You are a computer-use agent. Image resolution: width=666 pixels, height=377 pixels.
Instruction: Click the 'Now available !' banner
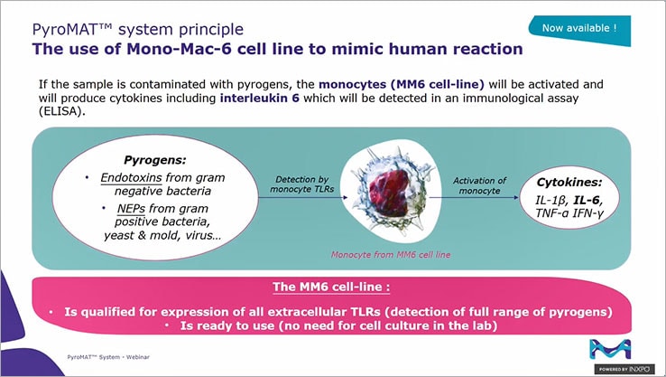click(x=578, y=28)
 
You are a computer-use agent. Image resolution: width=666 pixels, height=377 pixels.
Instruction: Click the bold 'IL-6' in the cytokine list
click(x=587, y=197)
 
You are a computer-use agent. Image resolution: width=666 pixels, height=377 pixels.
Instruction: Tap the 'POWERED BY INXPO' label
click(x=629, y=370)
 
